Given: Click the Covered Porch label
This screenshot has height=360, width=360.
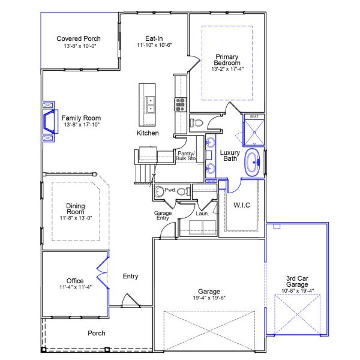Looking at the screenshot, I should pos(78,38).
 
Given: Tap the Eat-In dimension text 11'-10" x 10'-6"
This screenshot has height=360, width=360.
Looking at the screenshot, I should pos(154,45).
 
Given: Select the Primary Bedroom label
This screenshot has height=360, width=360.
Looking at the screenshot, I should pos(227,59).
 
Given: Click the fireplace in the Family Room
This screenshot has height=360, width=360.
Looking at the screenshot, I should pos(48,122).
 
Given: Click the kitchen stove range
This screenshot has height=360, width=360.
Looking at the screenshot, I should pos(179,105).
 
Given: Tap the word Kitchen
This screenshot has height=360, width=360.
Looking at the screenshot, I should pos(148,133).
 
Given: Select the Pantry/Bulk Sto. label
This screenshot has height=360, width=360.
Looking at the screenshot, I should pos(187,156).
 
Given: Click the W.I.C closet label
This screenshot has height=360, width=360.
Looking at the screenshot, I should pos(241,205).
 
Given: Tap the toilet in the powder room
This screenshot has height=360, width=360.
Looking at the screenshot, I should pos(159,192).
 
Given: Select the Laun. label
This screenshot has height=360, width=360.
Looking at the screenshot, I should pos(202,214).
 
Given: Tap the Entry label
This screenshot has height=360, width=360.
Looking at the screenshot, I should pos(130,277).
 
